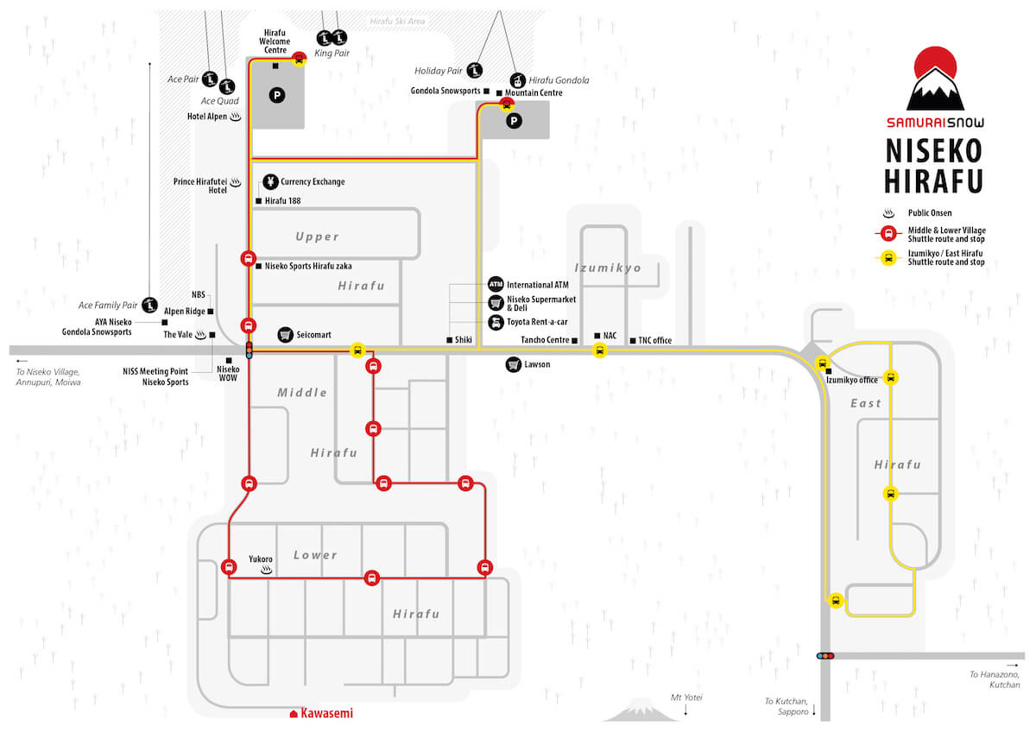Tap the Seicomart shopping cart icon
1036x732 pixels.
tap(286, 335)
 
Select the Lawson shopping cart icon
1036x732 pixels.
tap(514, 365)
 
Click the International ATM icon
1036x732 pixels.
tap(496, 284)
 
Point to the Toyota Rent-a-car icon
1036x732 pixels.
tap(496, 322)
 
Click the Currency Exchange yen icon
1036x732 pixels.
tap(270, 182)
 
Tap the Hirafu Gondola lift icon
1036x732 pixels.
tap(517, 81)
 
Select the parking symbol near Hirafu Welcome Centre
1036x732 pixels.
tap(277, 96)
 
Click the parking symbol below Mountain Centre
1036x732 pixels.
tap(514, 121)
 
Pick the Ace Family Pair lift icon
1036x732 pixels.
tap(149, 305)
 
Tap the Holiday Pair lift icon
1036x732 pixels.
tap(475, 71)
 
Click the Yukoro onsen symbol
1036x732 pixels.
tap(267, 571)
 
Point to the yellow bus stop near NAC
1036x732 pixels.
tap(600, 350)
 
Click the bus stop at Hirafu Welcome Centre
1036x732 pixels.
tap(300, 60)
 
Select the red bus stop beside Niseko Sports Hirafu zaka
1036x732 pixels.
tap(249, 258)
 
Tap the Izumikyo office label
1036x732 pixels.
tap(851, 380)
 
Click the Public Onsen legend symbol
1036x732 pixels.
tap(888, 213)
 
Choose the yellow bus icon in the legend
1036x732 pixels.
tap(888, 257)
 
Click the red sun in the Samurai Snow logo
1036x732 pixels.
tap(935, 63)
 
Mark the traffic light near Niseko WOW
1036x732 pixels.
tap(250, 350)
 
